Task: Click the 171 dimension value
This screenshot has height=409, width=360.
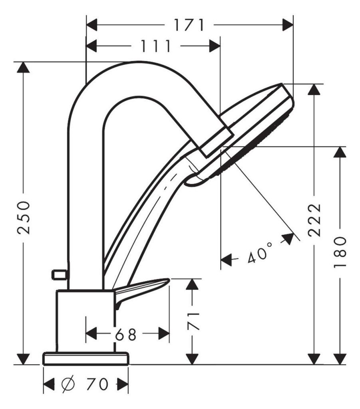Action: [x=189, y=25]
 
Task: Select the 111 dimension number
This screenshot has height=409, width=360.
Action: [x=156, y=46]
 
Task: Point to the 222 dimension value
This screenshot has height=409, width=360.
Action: [x=314, y=220]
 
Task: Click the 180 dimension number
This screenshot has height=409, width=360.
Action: [x=340, y=252]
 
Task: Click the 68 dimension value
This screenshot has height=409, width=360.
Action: [x=126, y=334]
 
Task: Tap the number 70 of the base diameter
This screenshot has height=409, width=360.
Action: [x=97, y=384]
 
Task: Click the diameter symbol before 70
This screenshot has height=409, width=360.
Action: [x=68, y=384]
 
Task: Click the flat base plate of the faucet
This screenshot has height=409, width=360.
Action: [x=86, y=358]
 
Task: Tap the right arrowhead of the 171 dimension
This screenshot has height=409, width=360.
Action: [x=288, y=25]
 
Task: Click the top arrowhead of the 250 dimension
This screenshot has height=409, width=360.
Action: [x=24, y=67]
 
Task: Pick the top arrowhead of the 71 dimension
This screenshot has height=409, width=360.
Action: [x=193, y=284]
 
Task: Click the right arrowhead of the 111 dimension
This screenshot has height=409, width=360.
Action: [x=215, y=46]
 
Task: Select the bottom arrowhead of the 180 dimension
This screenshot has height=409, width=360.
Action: [x=340, y=359]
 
